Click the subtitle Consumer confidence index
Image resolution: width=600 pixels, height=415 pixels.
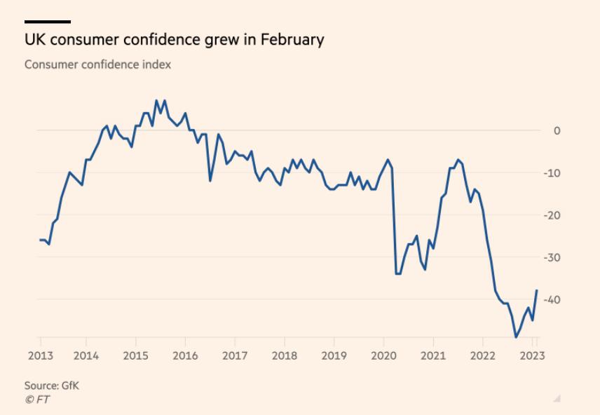tap(97, 64)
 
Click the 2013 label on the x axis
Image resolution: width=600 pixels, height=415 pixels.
tap(41, 355)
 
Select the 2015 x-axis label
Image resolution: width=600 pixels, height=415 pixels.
tap(135, 355)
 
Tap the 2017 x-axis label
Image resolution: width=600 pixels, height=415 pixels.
tap(234, 355)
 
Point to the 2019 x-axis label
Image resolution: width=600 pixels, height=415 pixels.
tap(334, 355)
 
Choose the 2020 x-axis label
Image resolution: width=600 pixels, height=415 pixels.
tap(383, 355)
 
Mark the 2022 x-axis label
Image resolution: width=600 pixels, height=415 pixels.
tap(483, 355)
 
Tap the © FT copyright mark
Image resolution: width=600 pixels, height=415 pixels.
tap(37, 400)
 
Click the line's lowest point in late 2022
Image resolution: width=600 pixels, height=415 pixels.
tap(516, 337)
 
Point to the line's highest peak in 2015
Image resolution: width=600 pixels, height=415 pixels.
tap(156, 100)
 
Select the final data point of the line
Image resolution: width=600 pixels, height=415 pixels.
tap(537, 290)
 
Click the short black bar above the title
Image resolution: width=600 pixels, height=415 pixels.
tap(48, 22)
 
